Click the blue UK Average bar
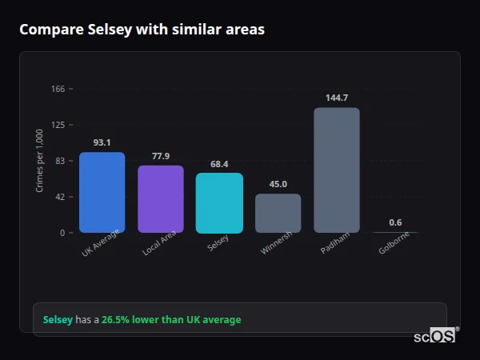(x=102, y=192)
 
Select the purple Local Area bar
(x=161, y=199)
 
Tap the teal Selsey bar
(x=219, y=202)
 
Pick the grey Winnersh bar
(x=278, y=213)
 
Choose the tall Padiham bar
(x=337, y=170)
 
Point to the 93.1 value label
(x=102, y=142)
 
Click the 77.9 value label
(x=161, y=156)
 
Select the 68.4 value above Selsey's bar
(x=219, y=164)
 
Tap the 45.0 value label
(x=278, y=184)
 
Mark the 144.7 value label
(x=337, y=98)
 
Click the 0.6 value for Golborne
(x=395, y=222)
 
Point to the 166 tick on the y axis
(x=58, y=89)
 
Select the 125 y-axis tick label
(x=58, y=125)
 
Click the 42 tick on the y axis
(x=59, y=197)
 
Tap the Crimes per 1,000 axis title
(x=40, y=161)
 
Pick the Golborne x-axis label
(x=395, y=243)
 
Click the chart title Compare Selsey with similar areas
(x=142, y=30)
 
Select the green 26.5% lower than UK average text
(x=171, y=320)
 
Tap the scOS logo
(x=435, y=336)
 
